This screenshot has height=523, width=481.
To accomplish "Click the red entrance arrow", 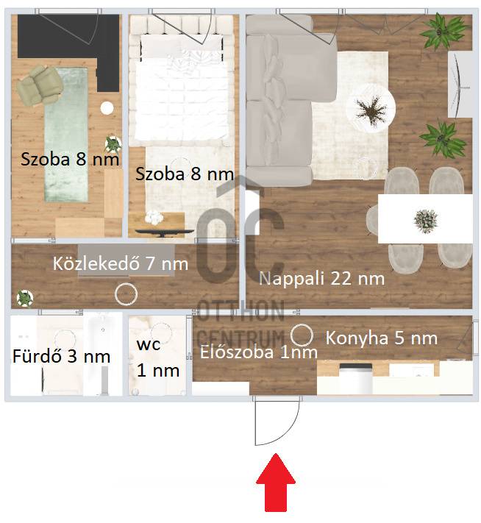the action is (276, 482).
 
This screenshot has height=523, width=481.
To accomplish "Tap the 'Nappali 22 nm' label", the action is (321, 279).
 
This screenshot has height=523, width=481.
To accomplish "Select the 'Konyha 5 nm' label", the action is (381, 338).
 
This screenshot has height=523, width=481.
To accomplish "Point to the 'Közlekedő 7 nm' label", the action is (121, 263).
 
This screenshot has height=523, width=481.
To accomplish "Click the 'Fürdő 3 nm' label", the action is (61, 356).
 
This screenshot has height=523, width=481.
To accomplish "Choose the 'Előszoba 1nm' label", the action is (258, 352).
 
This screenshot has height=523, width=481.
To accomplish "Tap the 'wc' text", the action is (149, 344).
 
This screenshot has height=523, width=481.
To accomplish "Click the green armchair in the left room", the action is (40, 85).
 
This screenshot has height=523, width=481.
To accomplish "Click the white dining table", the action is (425, 218).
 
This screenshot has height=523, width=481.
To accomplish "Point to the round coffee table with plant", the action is (371, 108).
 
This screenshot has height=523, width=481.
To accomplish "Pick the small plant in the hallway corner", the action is (25, 298).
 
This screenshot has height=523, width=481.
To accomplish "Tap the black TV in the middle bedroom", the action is (165, 232).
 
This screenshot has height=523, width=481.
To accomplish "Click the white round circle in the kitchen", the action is (302, 335).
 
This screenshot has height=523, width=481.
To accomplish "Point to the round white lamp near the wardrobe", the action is (107, 107).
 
